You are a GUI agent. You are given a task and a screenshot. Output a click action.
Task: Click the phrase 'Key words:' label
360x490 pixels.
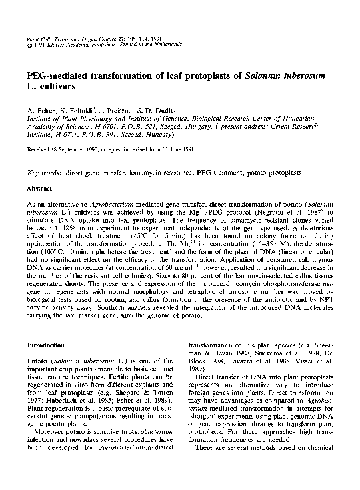pyautogui.click(x=43, y=171)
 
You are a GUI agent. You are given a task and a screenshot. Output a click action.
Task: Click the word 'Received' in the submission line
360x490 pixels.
pyautogui.click(x=38, y=150)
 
